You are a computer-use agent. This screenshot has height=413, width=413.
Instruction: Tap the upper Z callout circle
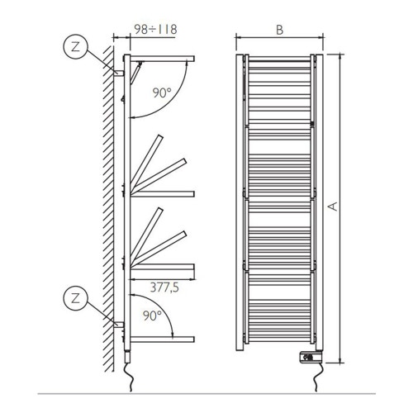76,49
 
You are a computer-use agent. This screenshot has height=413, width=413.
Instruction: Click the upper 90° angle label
163,93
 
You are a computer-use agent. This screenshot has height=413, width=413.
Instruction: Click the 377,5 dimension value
162,287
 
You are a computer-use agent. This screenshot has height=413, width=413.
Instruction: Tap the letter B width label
280,29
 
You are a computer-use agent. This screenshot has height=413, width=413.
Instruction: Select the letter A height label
332,206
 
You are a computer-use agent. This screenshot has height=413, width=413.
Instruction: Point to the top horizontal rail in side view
161,58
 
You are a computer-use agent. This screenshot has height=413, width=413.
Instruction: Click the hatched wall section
106,206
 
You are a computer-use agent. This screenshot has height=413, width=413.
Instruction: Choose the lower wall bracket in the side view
118,323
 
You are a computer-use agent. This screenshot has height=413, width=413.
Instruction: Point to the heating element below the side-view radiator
127,354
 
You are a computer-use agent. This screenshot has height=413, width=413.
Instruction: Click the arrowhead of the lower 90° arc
173,333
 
